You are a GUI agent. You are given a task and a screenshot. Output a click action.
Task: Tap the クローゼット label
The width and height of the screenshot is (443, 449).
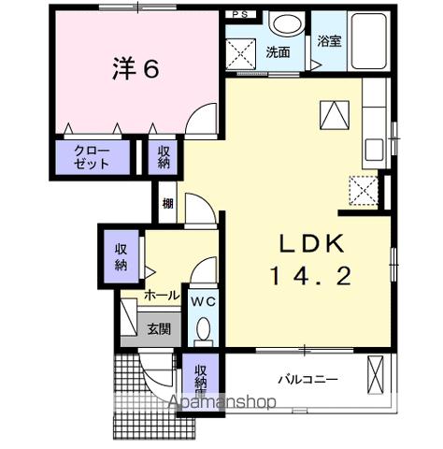click(x=92, y=156)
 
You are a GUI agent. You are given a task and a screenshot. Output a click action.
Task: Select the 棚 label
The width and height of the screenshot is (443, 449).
click(x=166, y=204)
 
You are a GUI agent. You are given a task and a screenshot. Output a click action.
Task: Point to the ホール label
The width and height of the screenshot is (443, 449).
click(x=161, y=296)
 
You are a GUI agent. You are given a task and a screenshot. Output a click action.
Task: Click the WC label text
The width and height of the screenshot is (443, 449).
click(x=204, y=302)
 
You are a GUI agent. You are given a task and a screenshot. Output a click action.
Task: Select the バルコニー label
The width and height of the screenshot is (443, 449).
click(x=307, y=379)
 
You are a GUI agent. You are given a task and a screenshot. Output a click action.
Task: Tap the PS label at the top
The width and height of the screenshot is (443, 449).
click(x=239, y=15)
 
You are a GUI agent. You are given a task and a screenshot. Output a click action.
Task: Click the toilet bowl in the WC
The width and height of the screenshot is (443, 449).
click(x=204, y=329)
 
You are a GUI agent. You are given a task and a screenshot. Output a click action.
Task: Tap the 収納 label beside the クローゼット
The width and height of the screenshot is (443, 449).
click(x=164, y=156)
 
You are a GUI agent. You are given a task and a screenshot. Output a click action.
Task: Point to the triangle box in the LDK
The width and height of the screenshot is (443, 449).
click(x=334, y=115)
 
